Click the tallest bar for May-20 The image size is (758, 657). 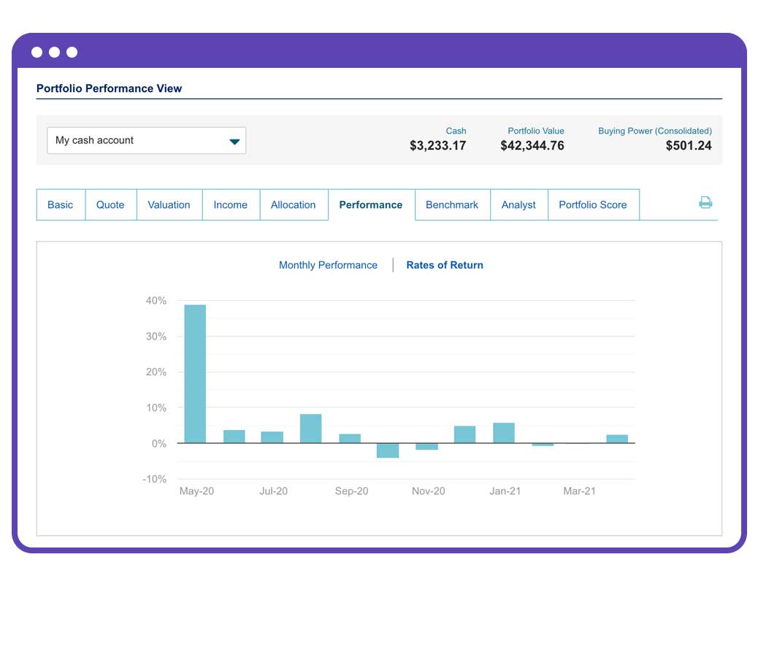(195, 374)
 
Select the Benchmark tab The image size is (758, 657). (452, 205)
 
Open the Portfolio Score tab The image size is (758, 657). (592, 205)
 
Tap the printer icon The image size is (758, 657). (705, 203)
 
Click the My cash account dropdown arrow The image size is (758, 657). (234, 142)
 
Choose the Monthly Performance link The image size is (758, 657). (328, 265)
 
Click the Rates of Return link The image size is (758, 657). (445, 265)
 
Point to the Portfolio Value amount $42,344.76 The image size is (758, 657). (532, 146)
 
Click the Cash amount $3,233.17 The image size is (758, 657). (437, 146)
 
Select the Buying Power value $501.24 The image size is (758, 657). (688, 146)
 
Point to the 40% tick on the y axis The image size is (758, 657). (156, 301)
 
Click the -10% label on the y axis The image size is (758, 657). (154, 479)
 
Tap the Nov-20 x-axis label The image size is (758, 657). (428, 491)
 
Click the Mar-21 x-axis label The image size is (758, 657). (579, 491)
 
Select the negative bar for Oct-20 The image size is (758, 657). (388, 450)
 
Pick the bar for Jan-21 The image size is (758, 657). (504, 433)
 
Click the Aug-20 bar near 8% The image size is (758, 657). (310, 429)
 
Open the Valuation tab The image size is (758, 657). (169, 205)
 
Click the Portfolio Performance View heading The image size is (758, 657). (110, 88)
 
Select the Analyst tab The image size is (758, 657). (518, 205)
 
